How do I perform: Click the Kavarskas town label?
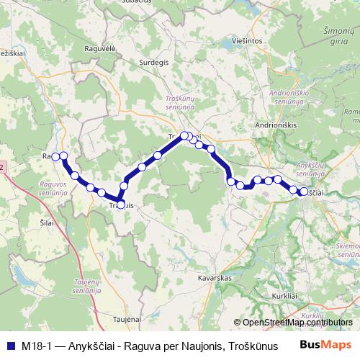tap(213, 276)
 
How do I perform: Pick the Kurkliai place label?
tap(284, 297)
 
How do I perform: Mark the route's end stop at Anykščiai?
tap(304, 192)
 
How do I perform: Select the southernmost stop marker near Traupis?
tap(120, 203)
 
